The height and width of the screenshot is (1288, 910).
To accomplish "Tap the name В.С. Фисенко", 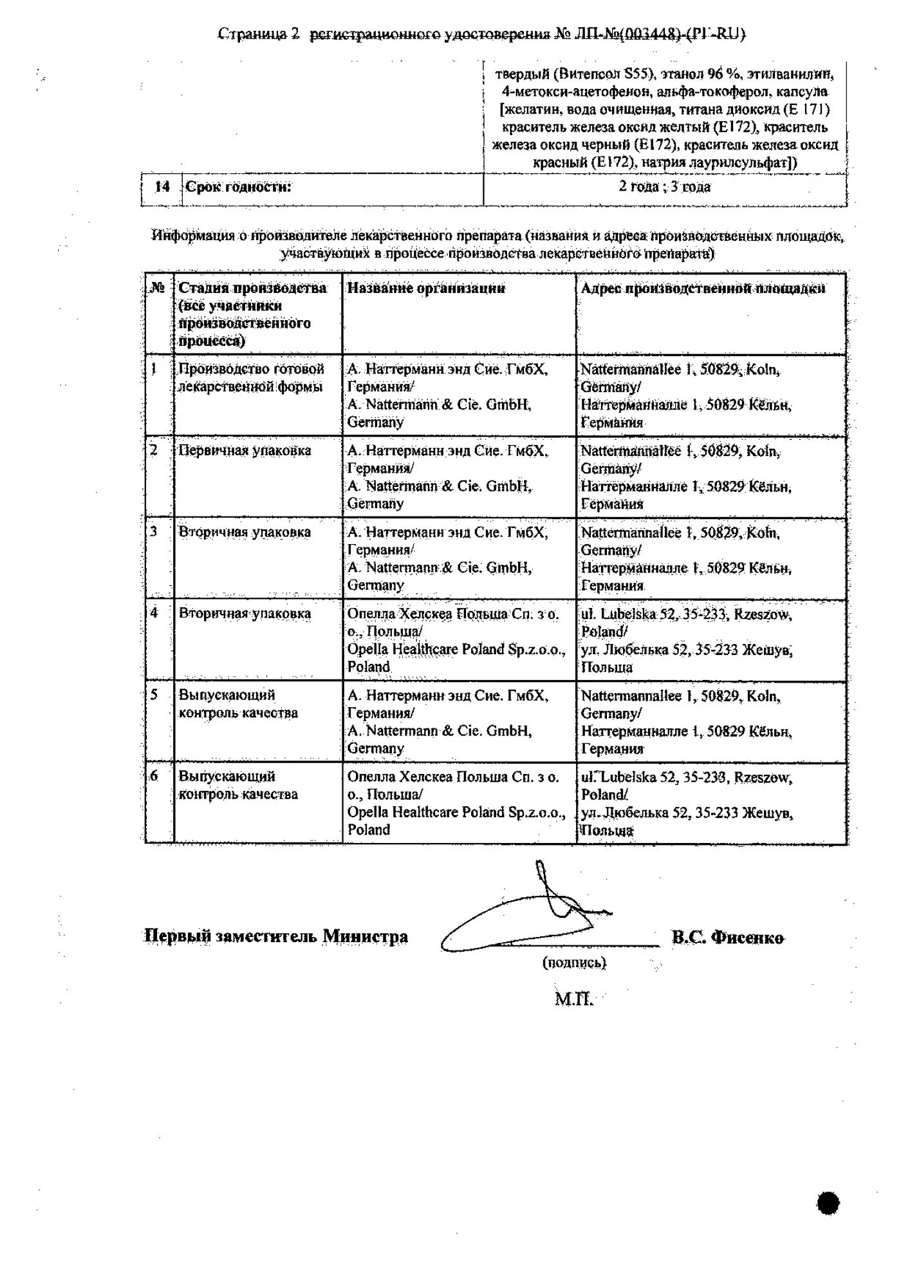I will click(728, 938).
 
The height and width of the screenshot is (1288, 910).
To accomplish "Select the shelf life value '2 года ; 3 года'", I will click(664, 187).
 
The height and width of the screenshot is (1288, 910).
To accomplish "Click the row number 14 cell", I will click(162, 187).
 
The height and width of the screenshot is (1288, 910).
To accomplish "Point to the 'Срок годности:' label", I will click(238, 187).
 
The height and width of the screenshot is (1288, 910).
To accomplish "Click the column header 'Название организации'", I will click(426, 288).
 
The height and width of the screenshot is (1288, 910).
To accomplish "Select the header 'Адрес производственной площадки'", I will click(702, 288).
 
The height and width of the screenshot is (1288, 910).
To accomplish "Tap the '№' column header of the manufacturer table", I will click(158, 288).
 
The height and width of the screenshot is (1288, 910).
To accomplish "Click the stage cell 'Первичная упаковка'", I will click(245, 450).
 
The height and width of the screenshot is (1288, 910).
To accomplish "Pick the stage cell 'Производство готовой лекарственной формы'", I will click(251, 378).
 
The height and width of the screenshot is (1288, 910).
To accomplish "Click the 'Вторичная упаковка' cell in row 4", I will click(245, 613).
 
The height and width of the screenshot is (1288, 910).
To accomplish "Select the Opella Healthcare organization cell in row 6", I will click(456, 803).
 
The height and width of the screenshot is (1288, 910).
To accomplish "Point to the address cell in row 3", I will click(686, 559).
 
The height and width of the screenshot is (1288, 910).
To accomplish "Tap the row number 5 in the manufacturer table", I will click(154, 695).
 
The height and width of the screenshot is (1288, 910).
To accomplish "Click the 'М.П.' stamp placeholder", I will click(573, 999).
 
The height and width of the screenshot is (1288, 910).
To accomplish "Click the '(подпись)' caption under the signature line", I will click(574, 963).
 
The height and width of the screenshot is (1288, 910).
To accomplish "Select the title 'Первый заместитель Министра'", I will click(275, 936).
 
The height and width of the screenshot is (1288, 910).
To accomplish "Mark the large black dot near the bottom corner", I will click(828, 1202).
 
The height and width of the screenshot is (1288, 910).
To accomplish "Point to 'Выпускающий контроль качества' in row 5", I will click(238, 704).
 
